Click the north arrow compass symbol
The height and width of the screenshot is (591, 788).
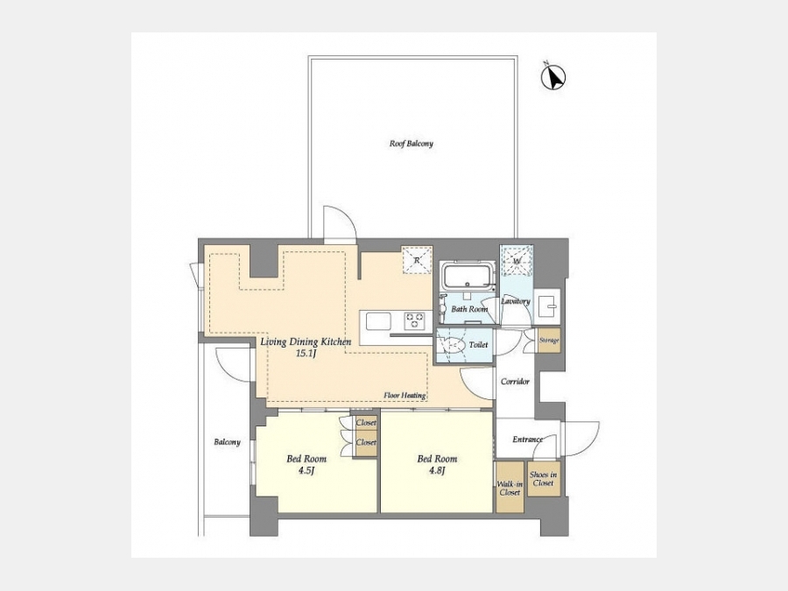click(x=552, y=78)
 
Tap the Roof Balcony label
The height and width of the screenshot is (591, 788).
click(x=412, y=144)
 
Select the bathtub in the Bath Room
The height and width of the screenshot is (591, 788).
click(x=468, y=275)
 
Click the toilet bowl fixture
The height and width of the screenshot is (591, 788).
click(x=454, y=345)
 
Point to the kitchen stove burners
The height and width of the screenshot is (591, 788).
click(x=415, y=320)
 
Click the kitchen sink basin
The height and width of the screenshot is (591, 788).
click(x=378, y=321)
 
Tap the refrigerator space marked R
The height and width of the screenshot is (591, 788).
click(x=417, y=260)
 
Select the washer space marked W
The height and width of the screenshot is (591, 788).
click(x=516, y=261)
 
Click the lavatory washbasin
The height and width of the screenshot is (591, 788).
click(x=547, y=304)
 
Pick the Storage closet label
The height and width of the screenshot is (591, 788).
click(x=549, y=341)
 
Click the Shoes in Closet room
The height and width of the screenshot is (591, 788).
click(x=543, y=479)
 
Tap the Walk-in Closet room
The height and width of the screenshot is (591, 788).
click(x=510, y=488)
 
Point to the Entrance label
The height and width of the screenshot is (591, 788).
click(x=528, y=440)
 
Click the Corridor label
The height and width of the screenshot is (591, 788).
click(x=515, y=382)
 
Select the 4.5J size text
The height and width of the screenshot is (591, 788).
click(x=306, y=471)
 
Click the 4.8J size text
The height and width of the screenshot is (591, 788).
click(x=437, y=471)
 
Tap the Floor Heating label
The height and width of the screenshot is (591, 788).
click(x=405, y=396)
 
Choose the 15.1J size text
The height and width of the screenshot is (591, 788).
click(x=306, y=354)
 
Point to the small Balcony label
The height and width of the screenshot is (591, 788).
click(x=227, y=442)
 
